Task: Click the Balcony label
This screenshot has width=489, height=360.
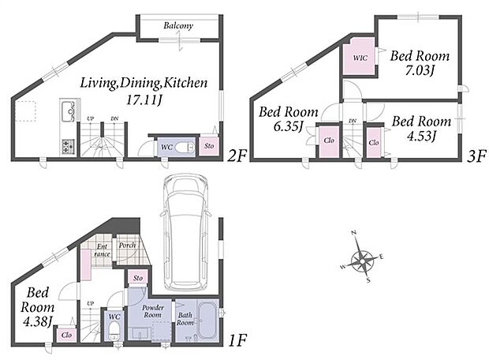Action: [x=178, y=25]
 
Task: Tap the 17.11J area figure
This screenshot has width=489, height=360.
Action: [x=144, y=99]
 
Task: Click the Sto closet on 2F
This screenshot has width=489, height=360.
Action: [x=209, y=146]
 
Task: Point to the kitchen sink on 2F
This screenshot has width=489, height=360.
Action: [x=68, y=111]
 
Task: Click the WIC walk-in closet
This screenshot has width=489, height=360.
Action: [x=360, y=57]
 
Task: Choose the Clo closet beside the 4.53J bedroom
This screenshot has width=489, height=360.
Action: [x=373, y=143]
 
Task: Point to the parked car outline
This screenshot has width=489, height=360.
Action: [x=185, y=233]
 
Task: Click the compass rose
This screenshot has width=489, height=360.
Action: [x=362, y=258]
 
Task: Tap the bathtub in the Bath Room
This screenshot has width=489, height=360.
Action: [x=207, y=320]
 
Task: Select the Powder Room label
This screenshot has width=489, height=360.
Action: [x=153, y=311]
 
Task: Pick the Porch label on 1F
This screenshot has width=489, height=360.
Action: [x=127, y=246]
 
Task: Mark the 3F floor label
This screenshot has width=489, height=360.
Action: [x=476, y=156]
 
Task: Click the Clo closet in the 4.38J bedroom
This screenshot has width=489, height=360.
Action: [x=66, y=335]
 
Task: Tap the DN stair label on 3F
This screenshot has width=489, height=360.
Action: [x=353, y=121]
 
